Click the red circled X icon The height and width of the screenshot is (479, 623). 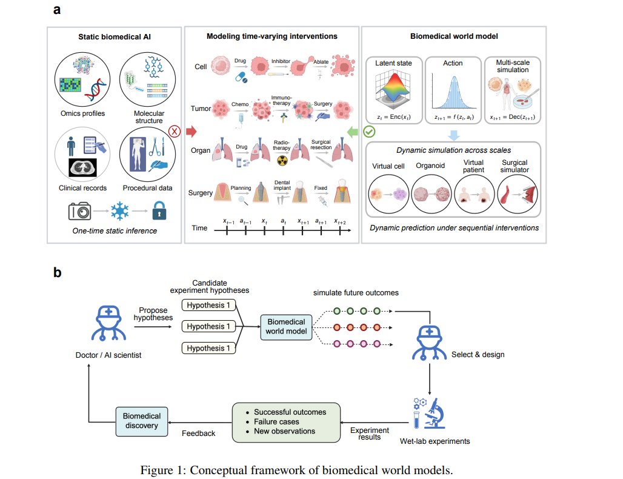[175, 131]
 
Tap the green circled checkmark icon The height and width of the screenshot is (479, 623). [369, 132]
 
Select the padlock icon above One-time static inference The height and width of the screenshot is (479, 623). [159, 210]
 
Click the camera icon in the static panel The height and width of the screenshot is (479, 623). [79, 211]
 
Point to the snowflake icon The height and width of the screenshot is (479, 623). [119, 210]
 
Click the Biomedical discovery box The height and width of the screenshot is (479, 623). [142, 421]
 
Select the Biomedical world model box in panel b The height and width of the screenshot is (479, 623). [286, 327]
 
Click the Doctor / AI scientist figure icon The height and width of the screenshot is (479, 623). [108, 323]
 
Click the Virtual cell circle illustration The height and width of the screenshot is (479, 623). [388, 195]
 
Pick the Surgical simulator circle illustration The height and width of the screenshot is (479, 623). [518, 195]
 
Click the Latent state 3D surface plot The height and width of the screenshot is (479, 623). [393, 89]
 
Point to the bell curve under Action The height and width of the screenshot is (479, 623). [454, 93]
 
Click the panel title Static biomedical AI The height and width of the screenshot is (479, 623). [115, 37]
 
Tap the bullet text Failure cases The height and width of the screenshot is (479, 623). [276, 422]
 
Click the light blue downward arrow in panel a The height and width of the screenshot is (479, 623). [454, 135]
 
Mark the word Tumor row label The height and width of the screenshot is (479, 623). [201, 109]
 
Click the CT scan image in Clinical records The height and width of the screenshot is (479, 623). [82, 168]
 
